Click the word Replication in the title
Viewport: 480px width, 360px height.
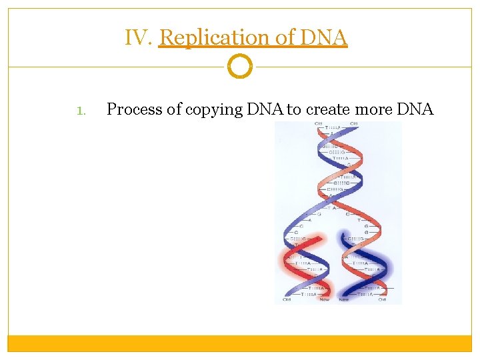(215, 38)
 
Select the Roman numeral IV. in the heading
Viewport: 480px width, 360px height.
(139, 38)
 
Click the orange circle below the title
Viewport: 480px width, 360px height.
(240, 67)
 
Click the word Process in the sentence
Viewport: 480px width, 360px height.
(135, 109)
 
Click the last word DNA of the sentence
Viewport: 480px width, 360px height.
(418, 109)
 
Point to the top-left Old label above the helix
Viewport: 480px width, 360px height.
(311, 124)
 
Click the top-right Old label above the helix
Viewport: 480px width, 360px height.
(354, 124)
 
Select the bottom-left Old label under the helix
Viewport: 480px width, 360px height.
(287, 299)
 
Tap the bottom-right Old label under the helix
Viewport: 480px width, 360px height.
(382, 299)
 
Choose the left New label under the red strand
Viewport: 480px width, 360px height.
(325, 299)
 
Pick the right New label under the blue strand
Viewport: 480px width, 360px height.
(344, 299)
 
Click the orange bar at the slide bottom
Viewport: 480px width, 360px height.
(240, 343)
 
